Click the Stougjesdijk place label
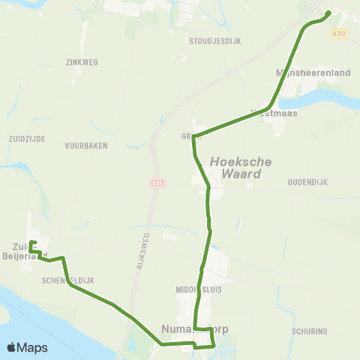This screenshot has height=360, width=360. (214, 41)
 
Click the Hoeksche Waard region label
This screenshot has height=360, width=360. (235, 167)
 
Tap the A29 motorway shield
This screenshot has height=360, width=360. (156, 182)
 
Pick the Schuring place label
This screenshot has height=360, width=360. (309, 330)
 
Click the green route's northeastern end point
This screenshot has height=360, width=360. (329, 13)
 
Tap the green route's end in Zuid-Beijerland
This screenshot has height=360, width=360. (31, 242)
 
